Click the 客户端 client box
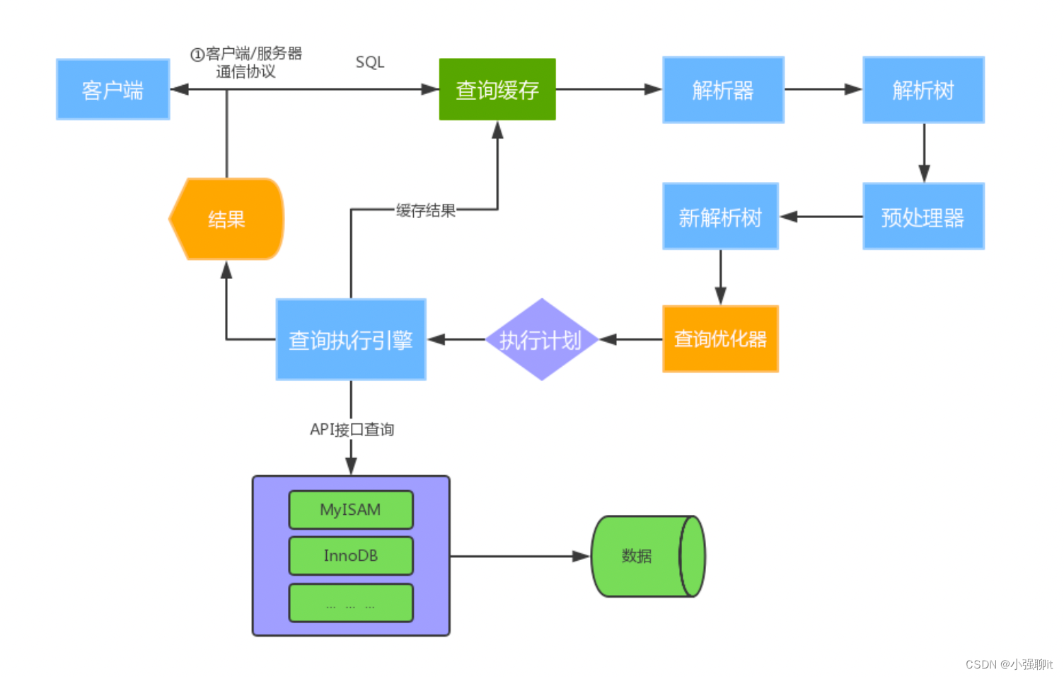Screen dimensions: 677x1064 (112, 90)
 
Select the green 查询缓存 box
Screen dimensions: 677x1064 (497, 90)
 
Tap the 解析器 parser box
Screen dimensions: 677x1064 (722, 90)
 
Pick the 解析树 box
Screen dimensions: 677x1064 (923, 90)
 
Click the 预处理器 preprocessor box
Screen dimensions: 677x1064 (923, 217)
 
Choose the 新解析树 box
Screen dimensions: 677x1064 (719, 217)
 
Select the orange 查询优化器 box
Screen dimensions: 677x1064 (719, 339)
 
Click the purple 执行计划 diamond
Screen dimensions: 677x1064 (541, 340)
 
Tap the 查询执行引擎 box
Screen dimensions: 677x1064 (350, 340)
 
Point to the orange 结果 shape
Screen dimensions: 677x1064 (226, 219)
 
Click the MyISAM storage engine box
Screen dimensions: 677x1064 (350, 510)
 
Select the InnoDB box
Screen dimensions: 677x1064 (350, 556)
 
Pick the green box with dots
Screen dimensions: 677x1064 (350, 603)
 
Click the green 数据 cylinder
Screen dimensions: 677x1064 (637, 557)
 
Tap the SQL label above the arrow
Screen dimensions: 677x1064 (369, 62)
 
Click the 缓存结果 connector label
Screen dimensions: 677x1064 (425, 210)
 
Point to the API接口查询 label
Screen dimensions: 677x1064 (352, 429)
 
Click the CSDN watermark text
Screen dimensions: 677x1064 (1008, 664)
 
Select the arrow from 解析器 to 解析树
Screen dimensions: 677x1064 (822, 90)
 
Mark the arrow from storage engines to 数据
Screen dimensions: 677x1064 (520, 557)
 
